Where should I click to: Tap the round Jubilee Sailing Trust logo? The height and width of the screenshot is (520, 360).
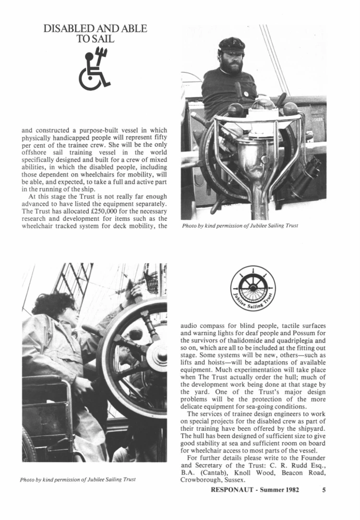pos(253,288)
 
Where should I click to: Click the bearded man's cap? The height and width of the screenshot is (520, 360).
pos(231,44)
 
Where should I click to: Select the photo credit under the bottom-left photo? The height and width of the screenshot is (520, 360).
pos(77,479)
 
